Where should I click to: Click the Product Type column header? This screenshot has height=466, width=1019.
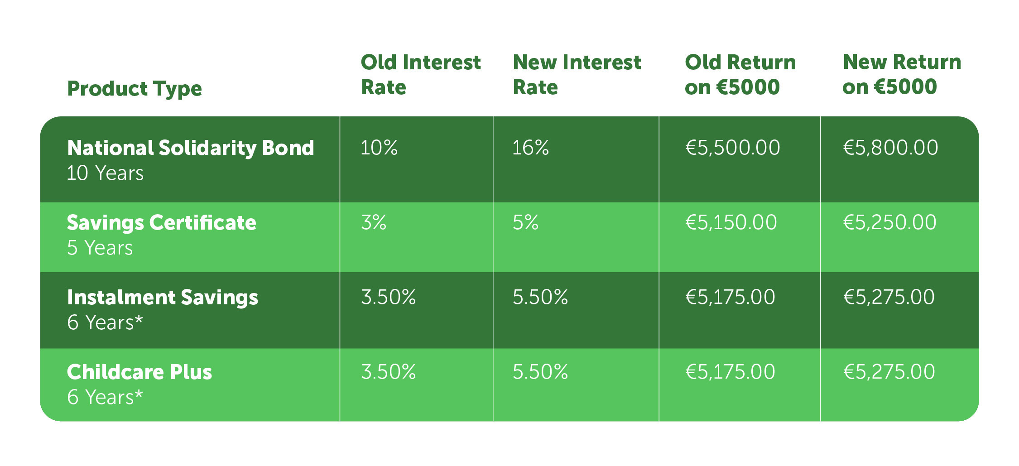[x=135, y=89]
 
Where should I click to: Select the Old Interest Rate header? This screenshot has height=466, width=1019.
[x=421, y=74]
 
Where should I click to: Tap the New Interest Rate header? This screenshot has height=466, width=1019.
[x=577, y=74]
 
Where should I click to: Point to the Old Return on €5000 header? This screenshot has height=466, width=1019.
[x=740, y=74]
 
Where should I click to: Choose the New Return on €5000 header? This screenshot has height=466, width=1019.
[x=902, y=74]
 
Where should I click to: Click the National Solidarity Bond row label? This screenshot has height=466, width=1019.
[x=191, y=148]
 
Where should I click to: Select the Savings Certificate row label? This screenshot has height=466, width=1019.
[x=162, y=223]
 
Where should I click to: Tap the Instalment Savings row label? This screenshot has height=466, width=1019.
[x=163, y=298]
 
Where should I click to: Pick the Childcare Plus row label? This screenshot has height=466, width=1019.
[x=139, y=372]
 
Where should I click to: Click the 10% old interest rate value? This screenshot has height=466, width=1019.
[x=379, y=148]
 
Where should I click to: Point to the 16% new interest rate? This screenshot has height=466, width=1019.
[x=531, y=148]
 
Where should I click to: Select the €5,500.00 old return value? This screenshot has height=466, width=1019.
[x=733, y=148]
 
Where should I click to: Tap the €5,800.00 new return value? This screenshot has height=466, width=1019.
[x=891, y=148]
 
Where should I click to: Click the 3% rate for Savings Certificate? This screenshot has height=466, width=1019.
[x=374, y=222]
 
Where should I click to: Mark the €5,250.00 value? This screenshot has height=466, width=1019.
[x=890, y=223]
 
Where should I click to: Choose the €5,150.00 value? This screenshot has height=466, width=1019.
[x=731, y=223]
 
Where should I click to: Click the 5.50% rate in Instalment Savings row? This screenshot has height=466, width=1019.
[x=540, y=297]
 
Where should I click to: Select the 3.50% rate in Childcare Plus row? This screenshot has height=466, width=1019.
[x=389, y=372]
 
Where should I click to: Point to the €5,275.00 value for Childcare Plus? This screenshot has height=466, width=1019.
[x=889, y=372]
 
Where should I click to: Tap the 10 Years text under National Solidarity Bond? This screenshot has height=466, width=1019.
[x=105, y=173]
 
